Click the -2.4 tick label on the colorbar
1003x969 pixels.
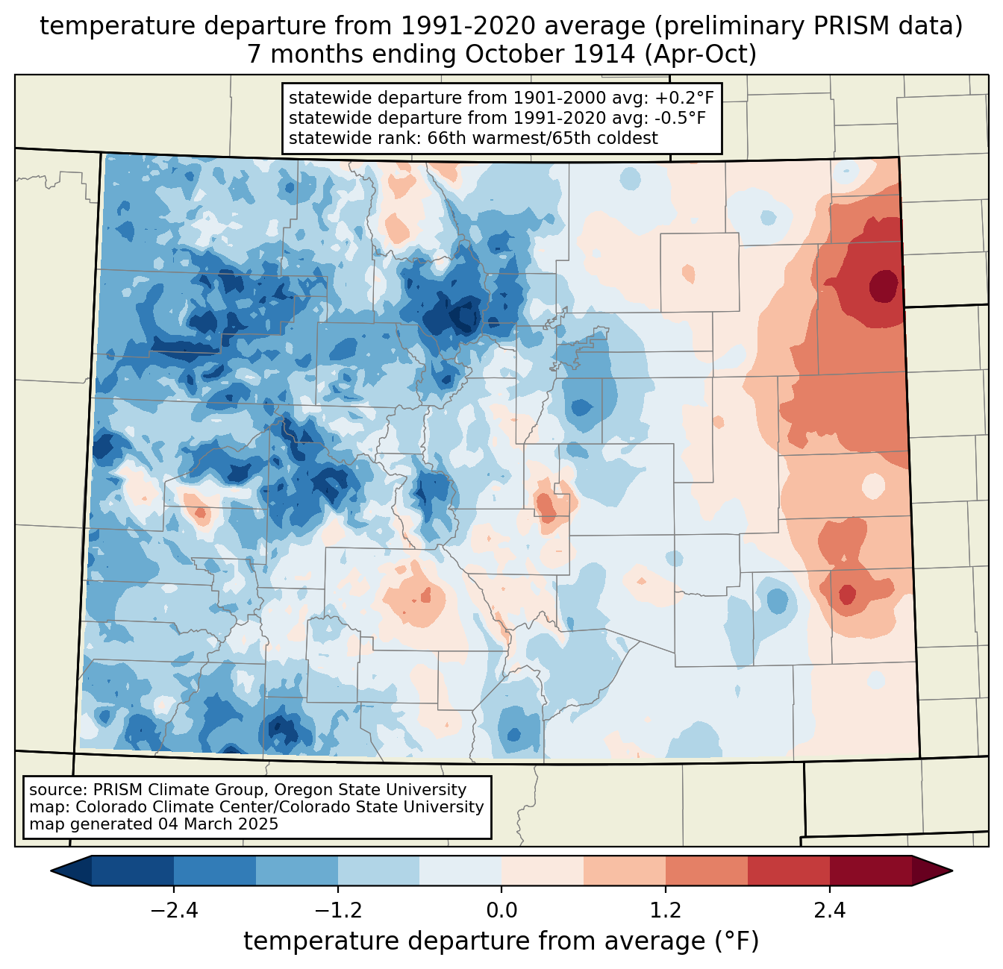pyautogui.click(x=174, y=911)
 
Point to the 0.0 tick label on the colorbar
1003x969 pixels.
pyautogui.click(x=501, y=911)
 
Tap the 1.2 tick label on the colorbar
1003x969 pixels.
pyautogui.click(x=666, y=911)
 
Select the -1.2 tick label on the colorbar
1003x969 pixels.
pyautogui.click(x=338, y=911)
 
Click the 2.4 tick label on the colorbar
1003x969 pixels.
pyautogui.click(x=829, y=911)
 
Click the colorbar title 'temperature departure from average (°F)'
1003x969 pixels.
pyautogui.click(x=501, y=941)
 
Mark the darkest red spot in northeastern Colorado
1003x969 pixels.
pyautogui.click(x=884, y=286)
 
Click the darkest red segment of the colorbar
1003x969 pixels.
pyautogui.click(x=870, y=871)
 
